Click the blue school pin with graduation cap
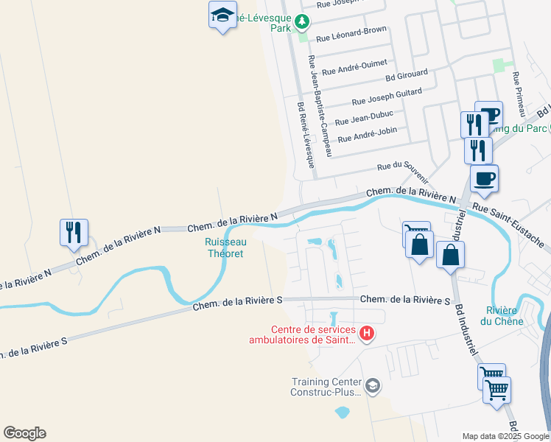(222, 15)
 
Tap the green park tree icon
(301, 22)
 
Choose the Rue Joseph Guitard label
(387, 97)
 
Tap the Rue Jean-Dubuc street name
(364, 118)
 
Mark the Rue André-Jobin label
(367, 135)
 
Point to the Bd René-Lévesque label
(306, 135)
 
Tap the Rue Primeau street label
(519, 93)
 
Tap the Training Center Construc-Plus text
(326, 387)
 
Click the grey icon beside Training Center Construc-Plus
(373, 385)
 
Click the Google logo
(24, 432)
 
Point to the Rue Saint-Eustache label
(508, 225)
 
